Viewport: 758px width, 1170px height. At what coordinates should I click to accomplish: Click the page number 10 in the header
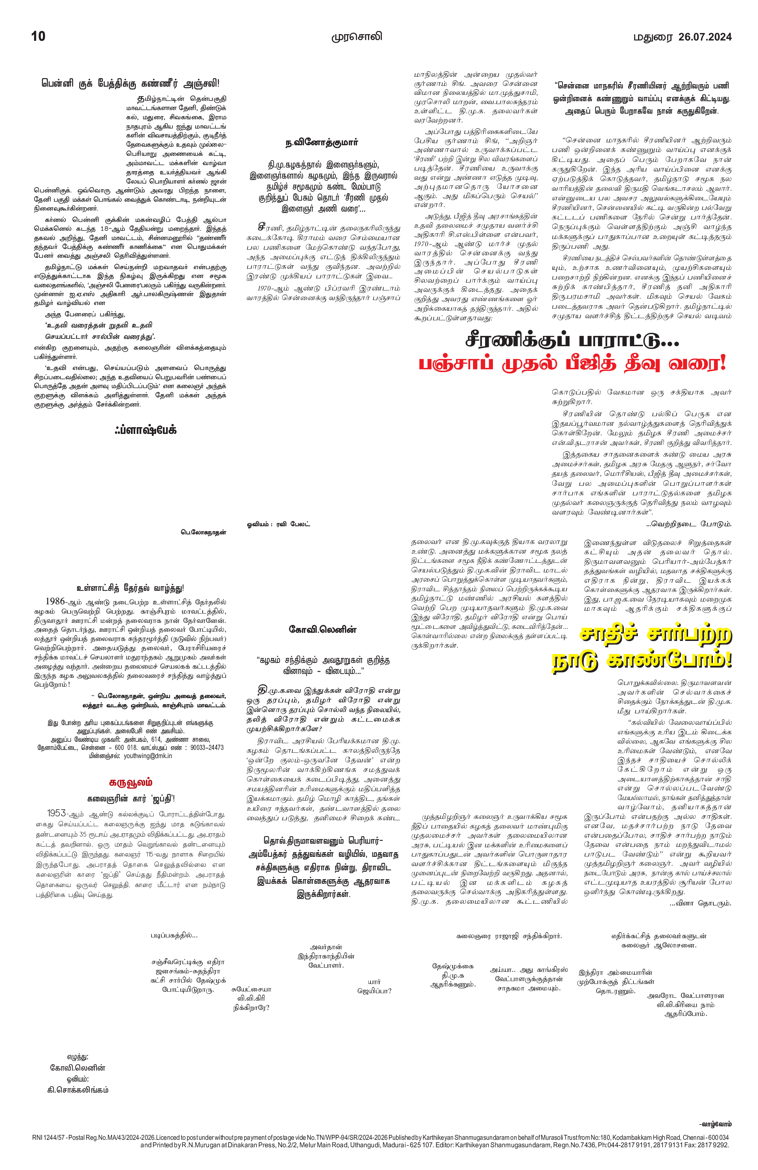pyautogui.click(x=38, y=36)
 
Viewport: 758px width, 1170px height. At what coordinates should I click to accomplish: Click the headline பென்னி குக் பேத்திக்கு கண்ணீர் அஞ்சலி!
pyautogui.click(x=130, y=83)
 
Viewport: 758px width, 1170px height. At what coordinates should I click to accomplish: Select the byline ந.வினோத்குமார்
pyautogui.click(x=322, y=142)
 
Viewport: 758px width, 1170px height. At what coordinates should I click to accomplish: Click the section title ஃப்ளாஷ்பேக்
pyautogui.click(x=145, y=430)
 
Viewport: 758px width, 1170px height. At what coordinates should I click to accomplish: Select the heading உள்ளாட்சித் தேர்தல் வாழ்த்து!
pyautogui.click(x=130, y=588)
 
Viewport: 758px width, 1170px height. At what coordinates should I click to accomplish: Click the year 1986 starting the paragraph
pyautogui.click(x=55, y=601)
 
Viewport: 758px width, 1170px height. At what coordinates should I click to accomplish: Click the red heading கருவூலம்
pyautogui.click(x=130, y=782)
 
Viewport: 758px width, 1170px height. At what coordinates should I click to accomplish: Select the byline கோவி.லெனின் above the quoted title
pyautogui.click(x=322, y=630)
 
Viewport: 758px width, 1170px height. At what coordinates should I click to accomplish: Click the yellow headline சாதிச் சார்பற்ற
pyautogui.click(x=656, y=634)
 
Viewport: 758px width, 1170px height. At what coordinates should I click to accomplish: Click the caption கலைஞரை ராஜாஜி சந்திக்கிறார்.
pyautogui.click(x=509, y=936)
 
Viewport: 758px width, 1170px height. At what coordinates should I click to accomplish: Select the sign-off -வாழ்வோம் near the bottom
pyautogui.click(x=715, y=1124)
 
